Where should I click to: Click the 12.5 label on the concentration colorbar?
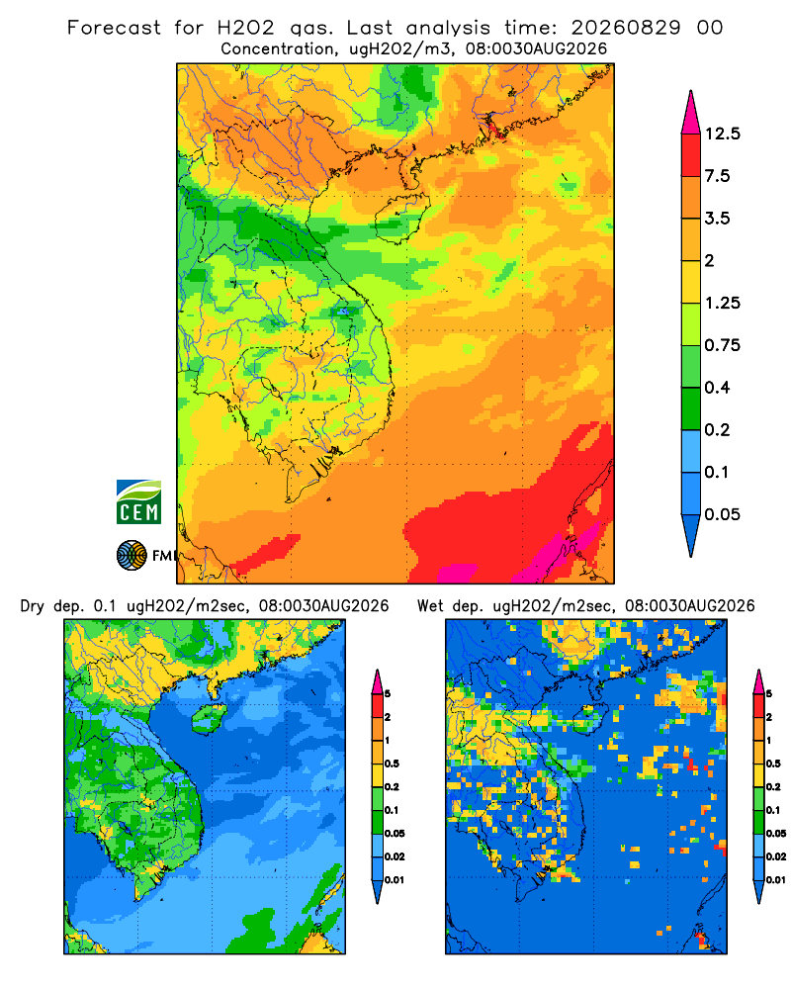722,134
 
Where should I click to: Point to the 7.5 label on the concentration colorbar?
717,175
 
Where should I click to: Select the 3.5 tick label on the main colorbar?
717,219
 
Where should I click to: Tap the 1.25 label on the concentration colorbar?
722,303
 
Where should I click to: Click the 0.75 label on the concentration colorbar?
722,345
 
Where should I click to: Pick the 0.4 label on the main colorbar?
717,388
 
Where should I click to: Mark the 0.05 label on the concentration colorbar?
722,514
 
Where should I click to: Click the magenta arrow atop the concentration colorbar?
691,114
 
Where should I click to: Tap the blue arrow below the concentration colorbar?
691,534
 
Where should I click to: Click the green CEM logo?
138,501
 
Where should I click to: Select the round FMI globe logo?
132,555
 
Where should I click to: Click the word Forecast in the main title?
114,27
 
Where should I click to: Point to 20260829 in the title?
626,27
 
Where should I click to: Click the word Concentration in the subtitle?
277,48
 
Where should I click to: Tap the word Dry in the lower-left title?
33,606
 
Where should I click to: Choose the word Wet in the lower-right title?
431,605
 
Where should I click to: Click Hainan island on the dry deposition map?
209,718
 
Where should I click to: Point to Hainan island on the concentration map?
401,219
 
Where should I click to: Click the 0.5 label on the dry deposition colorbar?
392,764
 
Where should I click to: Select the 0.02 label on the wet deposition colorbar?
776,855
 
